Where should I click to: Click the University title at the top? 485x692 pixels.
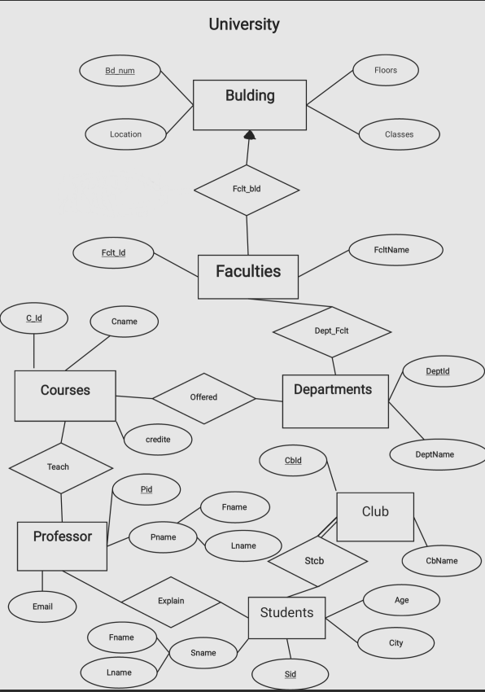coord(244,24)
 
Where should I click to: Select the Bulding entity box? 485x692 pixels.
coord(250,104)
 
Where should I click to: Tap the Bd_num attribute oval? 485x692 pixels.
coord(120,71)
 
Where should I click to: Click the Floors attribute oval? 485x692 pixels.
coord(385,71)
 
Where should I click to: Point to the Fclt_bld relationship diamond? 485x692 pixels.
coord(247,190)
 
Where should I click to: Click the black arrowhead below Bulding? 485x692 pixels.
coord(249,134)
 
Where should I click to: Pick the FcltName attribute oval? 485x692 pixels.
coord(395,250)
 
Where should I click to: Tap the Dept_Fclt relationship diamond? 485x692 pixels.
coord(331,331)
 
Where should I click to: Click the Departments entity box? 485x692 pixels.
coord(335,401)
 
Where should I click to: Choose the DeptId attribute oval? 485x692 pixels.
coord(438,372)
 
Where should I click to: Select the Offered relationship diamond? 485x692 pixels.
coord(203,397)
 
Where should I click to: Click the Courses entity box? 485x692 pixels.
coord(65,396)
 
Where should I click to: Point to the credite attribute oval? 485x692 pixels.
coord(158,440)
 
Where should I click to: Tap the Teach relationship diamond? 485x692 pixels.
coord(59,467)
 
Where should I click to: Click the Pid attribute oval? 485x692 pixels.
coord(146,489)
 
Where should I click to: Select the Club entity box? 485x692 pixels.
coord(374,517)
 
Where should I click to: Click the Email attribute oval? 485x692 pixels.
coord(42,607)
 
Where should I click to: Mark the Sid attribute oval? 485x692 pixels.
coord(290,674)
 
